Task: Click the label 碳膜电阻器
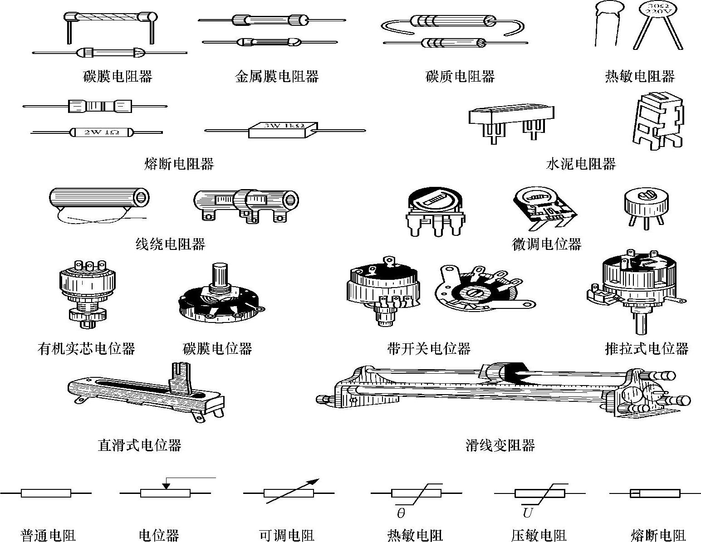tap(118, 76)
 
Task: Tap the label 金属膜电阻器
tap(277, 76)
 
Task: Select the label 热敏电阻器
tap(640, 76)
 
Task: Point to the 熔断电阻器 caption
tap(179, 164)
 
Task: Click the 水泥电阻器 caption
tap(581, 164)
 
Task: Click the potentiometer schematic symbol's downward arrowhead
tap(166, 486)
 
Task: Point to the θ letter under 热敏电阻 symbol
tap(401, 513)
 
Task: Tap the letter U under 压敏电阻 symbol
tap(527, 513)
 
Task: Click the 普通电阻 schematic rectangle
tap(46, 493)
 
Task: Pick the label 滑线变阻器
tap(500, 445)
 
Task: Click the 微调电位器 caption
tap(546, 244)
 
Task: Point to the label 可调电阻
tap(286, 536)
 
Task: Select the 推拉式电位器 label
tap(647, 348)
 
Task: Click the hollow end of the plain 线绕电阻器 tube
tap(142, 198)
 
